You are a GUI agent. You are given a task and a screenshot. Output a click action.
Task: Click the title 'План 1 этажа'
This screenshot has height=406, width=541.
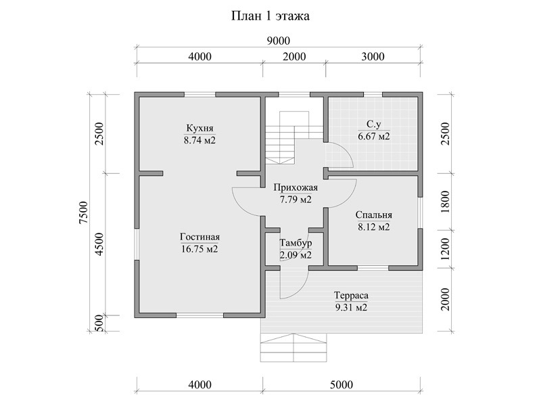(x=270, y=16)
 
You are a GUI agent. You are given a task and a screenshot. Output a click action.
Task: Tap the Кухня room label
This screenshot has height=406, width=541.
(x=199, y=128)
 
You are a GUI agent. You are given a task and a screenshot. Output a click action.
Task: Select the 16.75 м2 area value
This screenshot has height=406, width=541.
(x=199, y=249)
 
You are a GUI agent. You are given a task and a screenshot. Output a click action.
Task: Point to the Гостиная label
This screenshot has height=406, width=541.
(x=199, y=238)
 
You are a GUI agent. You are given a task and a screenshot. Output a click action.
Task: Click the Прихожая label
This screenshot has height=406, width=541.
(x=296, y=188)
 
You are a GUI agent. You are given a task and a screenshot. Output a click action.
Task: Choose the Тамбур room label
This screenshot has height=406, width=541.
(x=296, y=243)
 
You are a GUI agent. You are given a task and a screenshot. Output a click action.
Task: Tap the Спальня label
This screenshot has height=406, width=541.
(x=374, y=215)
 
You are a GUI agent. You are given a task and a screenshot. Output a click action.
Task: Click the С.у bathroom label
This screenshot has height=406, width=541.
(x=374, y=124)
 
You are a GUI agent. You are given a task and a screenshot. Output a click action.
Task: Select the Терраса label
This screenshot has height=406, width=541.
(x=351, y=296)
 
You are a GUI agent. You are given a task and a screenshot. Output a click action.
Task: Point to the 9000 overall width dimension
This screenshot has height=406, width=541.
(x=279, y=41)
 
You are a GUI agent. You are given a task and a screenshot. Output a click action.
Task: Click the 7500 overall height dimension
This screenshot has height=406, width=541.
(x=84, y=212)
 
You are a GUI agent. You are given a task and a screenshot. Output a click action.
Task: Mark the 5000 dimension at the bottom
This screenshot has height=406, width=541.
(x=342, y=384)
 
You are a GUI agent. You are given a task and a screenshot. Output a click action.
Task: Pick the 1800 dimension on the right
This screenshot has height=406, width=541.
(x=446, y=202)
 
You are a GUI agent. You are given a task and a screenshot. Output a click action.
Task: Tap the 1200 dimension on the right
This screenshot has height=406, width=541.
(x=446, y=249)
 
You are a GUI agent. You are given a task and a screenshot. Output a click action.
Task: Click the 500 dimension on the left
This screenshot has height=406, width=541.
(x=99, y=323)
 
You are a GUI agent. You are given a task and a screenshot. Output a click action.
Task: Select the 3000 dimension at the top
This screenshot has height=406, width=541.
(x=373, y=57)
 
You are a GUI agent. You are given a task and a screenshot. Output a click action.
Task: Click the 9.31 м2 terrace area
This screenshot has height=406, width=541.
(x=351, y=308)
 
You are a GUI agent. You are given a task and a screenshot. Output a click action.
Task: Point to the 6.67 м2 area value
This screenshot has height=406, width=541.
(x=374, y=137)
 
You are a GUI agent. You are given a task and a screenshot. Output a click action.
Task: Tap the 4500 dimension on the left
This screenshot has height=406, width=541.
(x=99, y=244)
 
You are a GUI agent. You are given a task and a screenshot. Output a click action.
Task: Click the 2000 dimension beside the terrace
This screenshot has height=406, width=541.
(x=446, y=299)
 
